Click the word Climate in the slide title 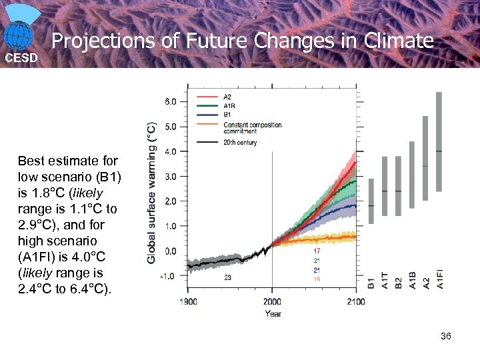399,41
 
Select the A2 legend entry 228,97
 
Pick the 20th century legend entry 240,142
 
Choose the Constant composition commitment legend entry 252,128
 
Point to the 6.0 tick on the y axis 171,102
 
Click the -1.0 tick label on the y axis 169,276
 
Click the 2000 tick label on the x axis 272,302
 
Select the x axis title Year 272,313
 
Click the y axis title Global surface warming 153,192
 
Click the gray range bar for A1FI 439,141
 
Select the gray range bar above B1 371,201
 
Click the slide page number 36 446,336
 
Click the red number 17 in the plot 317,251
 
